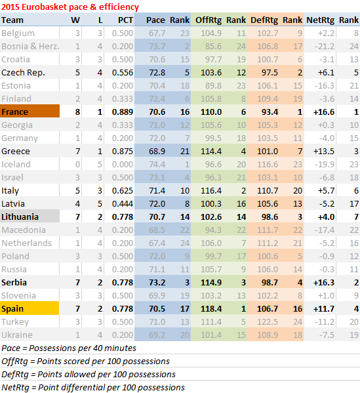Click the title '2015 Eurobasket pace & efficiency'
click(x=70, y=7)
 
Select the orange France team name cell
click(x=30, y=111)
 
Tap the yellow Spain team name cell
click(x=30, y=308)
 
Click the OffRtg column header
click(x=209, y=20)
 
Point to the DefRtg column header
click(x=264, y=20)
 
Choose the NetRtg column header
click(x=320, y=20)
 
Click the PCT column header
click(x=125, y=20)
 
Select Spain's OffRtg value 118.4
click(x=211, y=308)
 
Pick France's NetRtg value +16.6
click(x=324, y=112)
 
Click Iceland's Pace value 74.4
click(x=157, y=165)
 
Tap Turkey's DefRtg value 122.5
click(x=268, y=322)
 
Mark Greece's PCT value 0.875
click(x=123, y=152)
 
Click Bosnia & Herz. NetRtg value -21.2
click(x=325, y=47)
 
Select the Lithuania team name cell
click(x=30, y=217)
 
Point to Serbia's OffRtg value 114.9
click(x=211, y=283)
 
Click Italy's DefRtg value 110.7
click(x=268, y=191)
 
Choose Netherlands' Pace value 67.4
click(x=157, y=243)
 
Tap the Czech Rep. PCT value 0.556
click(x=123, y=73)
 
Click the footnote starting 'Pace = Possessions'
click(x=69, y=348)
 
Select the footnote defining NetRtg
click(x=93, y=388)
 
